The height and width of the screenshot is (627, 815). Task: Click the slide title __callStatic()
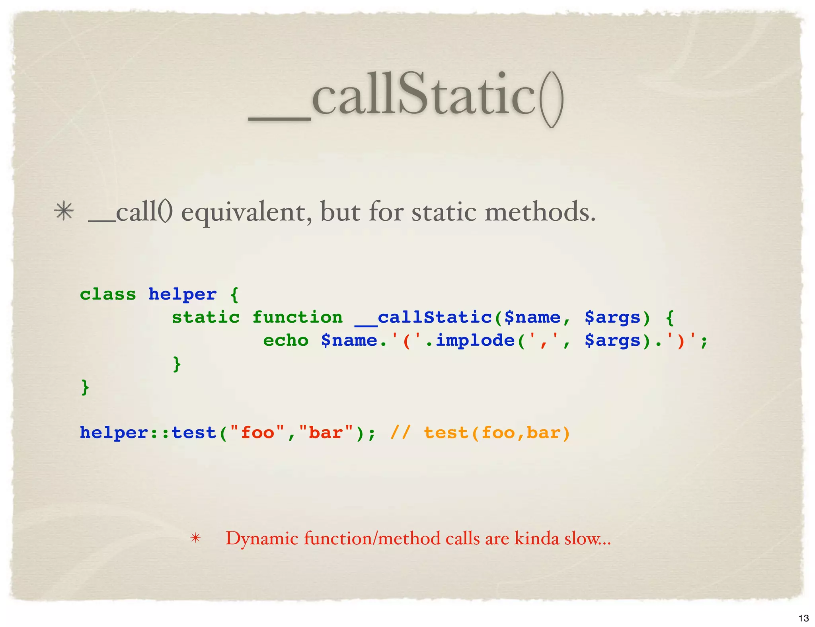tap(406, 97)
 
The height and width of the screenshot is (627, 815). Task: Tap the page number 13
tap(803, 618)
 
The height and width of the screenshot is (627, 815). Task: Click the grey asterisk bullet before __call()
tap(64, 211)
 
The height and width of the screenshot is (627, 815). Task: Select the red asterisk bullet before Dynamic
tap(195, 538)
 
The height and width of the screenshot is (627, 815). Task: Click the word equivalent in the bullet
tap(246, 212)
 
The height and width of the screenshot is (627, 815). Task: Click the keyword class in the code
tap(108, 294)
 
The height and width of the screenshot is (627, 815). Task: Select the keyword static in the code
tap(206, 317)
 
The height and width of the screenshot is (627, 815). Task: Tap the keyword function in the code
tap(297, 317)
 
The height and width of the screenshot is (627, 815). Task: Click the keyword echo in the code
tap(286, 341)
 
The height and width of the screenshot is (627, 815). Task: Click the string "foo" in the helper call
tap(257, 432)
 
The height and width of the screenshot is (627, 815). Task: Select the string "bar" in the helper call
tap(326, 432)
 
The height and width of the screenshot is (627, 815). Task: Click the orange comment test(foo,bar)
tap(497, 432)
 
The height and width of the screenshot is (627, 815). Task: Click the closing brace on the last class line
tap(85, 387)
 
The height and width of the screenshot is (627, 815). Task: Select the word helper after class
tap(183, 294)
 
